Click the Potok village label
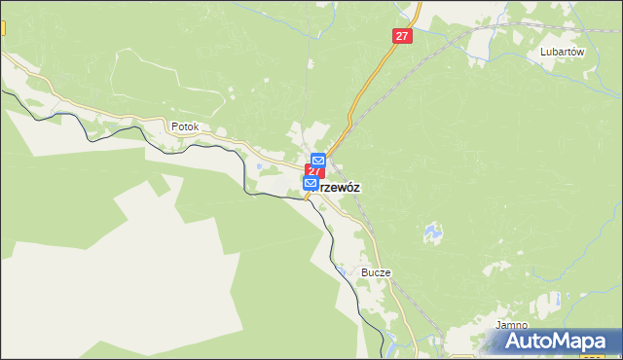(x=184, y=126)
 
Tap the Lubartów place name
(x=562, y=54)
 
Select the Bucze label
(x=376, y=273)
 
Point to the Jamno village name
(x=511, y=325)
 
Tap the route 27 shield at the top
(x=403, y=35)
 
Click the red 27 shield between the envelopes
(x=314, y=171)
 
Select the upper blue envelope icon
(x=318, y=160)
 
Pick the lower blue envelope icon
(x=311, y=183)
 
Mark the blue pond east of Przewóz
(x=430, y=234)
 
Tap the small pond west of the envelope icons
(x=258, y=166)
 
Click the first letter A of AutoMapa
(x=516, y=342)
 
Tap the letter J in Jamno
(x=496, y=325)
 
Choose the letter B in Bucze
(x=365, y=273)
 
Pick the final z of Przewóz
(x=358, y=189)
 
